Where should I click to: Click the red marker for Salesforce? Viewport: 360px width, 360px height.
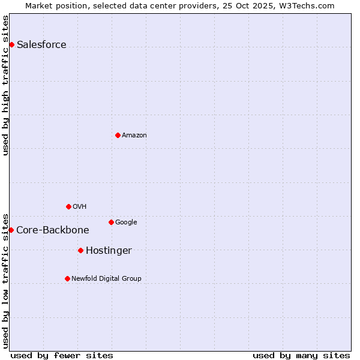11,44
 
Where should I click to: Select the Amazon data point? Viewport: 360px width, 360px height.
118,135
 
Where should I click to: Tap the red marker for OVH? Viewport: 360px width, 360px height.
68,206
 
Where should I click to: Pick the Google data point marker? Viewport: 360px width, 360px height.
111,222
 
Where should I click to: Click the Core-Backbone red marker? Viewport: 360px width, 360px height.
11,230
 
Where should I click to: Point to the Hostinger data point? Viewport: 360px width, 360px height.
80,250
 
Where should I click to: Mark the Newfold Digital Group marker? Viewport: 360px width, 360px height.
67,278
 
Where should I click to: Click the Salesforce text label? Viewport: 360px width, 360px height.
41,45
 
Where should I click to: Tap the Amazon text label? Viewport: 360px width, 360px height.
134,136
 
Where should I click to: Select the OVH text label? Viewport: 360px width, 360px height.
80,207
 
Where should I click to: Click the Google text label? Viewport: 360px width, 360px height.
126,223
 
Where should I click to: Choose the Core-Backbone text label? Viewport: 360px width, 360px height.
53,230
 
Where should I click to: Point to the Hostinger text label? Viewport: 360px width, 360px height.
109,251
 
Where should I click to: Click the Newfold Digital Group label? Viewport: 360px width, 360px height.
106,279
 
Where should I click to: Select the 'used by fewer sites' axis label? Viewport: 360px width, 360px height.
62,355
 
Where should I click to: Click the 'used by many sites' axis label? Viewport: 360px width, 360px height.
301,355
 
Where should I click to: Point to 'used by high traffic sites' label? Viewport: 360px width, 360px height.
5,85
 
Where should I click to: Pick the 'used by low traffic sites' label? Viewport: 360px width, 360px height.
5,280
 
